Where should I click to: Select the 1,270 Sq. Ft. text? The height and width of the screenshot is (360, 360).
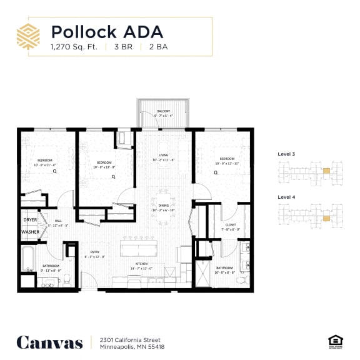pyautogui.click(x=73, y=46)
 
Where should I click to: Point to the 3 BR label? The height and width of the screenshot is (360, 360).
pyautogui.click(x=122, y=46)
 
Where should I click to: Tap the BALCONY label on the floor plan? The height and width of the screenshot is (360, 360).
pyautogui.click(x=164, y=111)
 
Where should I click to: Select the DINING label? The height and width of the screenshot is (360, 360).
pyautogui.click(x=164, y=207)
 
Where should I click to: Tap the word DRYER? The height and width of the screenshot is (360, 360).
pyautogui.click(x=30, y=221)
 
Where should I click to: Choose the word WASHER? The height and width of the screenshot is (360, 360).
pyautogui.click(x=30, y=232)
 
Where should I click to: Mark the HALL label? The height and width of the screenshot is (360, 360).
pyautogui.click(x=57, y=221)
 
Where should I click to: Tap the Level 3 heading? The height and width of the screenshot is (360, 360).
pyautogui.click(x=287, y=154)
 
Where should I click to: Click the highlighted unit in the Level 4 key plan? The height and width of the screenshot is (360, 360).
pyautogui.click(x=327, y=219)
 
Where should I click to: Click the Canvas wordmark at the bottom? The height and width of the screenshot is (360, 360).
pyautogui.click(x=49, y=342)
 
